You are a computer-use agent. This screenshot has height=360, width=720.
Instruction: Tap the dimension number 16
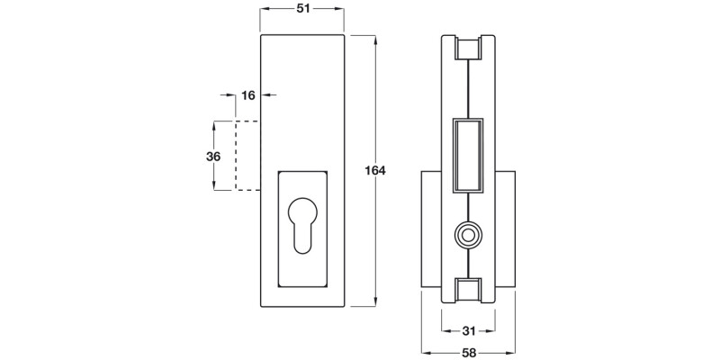tap(249, 94)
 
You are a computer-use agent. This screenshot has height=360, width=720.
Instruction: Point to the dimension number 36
tap(213, 156)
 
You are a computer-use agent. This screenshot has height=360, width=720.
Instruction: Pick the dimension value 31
tap(468, 330)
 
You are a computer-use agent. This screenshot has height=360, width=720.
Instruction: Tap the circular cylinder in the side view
tap(468, 236)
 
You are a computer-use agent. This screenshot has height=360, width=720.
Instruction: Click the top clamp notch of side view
tap(468, 49)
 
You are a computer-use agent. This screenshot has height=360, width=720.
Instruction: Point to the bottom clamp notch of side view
tap(468, 291)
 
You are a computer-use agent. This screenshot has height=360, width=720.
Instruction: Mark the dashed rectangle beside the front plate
tap(247, 155)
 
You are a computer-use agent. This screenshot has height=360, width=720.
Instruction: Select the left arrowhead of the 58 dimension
tap(425, 352)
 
